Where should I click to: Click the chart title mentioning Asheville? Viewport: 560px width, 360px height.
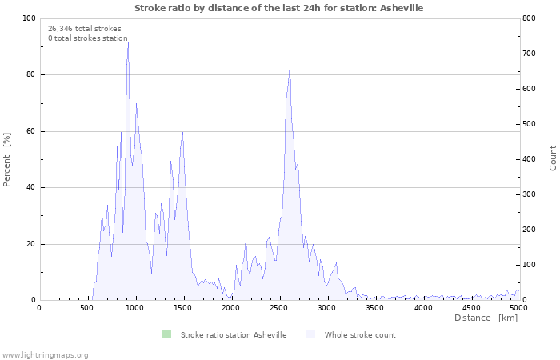pos(279,8)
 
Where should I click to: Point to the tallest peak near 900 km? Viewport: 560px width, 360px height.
pos(128,42)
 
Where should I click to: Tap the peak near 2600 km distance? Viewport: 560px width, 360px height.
pos(290,66)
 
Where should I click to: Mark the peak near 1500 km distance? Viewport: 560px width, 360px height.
pos(183,132)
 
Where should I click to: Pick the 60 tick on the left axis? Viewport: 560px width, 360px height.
pos(30,131)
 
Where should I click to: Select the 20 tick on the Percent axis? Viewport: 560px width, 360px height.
pos(30,244)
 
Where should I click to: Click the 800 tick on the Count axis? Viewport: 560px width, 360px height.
pos(530,18)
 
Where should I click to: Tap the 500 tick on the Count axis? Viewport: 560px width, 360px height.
pos(530,124)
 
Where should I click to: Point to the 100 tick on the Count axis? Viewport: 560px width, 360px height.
pos(530,265)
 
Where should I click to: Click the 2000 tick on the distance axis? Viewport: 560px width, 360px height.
pos(231,307)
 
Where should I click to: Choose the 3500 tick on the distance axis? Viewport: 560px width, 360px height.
pos(374,307)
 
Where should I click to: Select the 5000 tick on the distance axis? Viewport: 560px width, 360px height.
pos(518,307)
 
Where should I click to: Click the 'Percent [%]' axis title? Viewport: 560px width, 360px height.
pos(7,159)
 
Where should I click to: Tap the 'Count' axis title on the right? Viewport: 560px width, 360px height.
pos(553,158)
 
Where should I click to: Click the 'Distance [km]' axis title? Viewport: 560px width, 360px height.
pos(486,318)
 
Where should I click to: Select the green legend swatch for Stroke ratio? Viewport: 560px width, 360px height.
pos(166,334)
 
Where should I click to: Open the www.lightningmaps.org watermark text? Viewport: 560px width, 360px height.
pos(45,354)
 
